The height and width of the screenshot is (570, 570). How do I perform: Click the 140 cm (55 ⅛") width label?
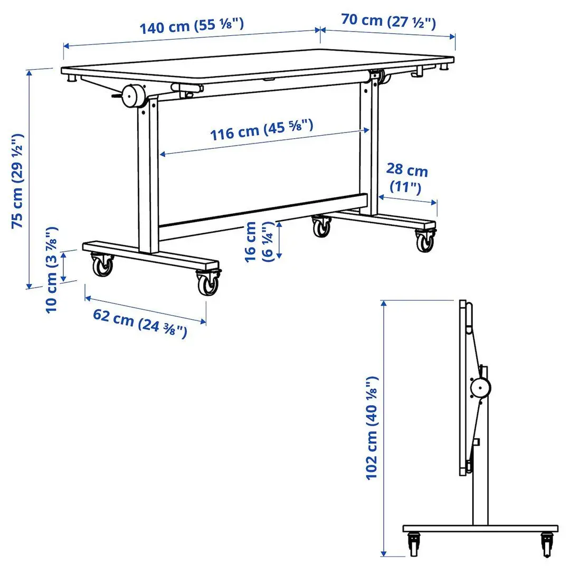pos(192,25)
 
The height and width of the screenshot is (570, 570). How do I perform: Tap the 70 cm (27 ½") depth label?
pos(388,21)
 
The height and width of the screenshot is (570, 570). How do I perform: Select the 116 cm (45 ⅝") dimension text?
pos(262,129)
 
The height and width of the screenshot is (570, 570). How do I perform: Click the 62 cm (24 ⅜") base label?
pos(140,322)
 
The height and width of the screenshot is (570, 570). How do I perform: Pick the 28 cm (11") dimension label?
pos(406,178)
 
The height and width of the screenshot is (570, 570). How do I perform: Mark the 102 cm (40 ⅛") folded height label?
pos(373,427)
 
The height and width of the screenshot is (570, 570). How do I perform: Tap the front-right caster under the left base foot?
pos(208,283)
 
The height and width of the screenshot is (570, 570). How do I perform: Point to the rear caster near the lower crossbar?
pos(320,226)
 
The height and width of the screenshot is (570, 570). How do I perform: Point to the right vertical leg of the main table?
pos(369,148)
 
